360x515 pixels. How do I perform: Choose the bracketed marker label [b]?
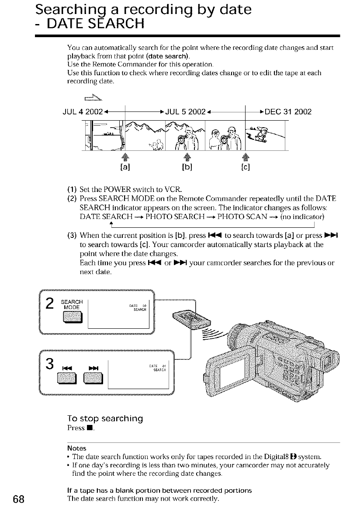[x=186, y=167]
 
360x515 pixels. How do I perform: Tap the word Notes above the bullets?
[x=76, y=448]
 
